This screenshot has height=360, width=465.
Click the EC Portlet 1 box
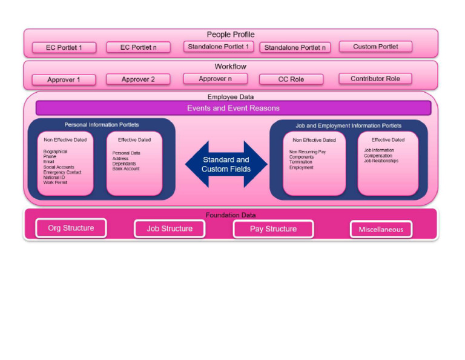(x=64, y=47)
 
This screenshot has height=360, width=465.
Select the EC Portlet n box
(x=138, y=47)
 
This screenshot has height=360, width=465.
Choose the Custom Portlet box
(x=375, y=47)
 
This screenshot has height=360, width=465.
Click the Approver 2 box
(x=138, y=79)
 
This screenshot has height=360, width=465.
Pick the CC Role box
(x=291, y=79)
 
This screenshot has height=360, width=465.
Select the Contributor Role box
(x=375, y=79)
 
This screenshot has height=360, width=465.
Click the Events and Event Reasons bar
(x=233, y=108)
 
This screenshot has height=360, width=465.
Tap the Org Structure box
(x=71, y=228)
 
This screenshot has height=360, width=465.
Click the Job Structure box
(x=170, y=229)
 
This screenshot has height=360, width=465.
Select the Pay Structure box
(x=273, y=229)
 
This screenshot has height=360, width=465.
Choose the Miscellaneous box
(x=381, y=230)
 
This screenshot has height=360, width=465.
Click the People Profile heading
(x=231, y=35)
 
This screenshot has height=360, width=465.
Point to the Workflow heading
(x=231, y=67)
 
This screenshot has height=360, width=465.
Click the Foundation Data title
(x=231, y=215)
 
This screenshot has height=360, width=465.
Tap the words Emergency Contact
(x=62, y=172)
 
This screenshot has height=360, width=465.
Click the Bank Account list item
(x=126, y=168)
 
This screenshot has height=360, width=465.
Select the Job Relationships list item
(x=381, y=161)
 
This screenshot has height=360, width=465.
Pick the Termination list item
(x=301, y=162)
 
